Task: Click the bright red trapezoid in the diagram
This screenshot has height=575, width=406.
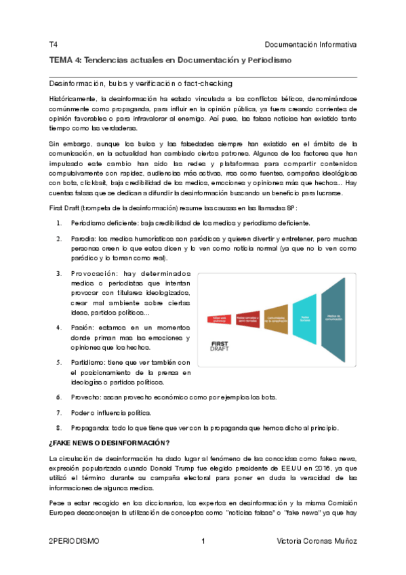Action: (x=220, y=318)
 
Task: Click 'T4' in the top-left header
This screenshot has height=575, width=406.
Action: (x=54, y=45)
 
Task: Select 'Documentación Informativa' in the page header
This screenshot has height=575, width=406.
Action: (x=310, y=45)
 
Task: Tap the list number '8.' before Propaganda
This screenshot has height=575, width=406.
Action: (x=60, y=428)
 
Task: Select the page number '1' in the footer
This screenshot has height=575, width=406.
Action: (x=203, y=541)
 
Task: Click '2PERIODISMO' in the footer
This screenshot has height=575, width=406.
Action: (x=74, y=541)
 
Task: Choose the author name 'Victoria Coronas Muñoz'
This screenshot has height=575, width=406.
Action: (x=317, y=541)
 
